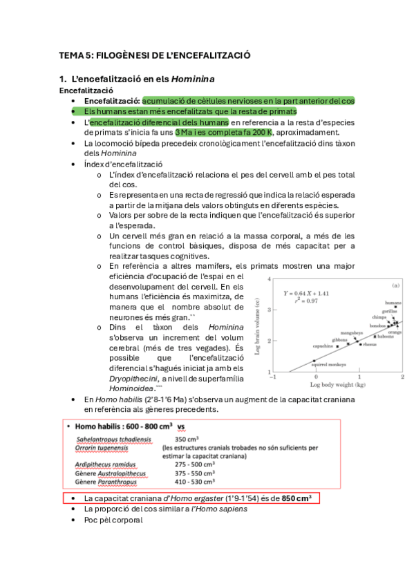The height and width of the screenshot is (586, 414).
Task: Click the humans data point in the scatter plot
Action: pyautogui.click(x=395, y=308)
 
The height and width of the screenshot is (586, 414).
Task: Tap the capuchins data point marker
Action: pyautogui.click(x=337, y=346)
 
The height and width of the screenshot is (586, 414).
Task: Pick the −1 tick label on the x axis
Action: pyautogui.click(x=273, y=377)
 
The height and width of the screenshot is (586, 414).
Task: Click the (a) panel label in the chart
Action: pyautogui.click(x=396, y=285)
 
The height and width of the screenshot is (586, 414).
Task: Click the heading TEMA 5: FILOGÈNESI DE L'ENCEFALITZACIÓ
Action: pyautogui.click(x=154, y=55)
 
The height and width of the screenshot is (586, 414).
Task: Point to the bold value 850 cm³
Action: pyautogui.click(x=297, y=498)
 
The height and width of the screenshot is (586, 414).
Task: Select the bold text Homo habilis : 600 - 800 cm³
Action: pyautogui.click(x=122, y=426)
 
